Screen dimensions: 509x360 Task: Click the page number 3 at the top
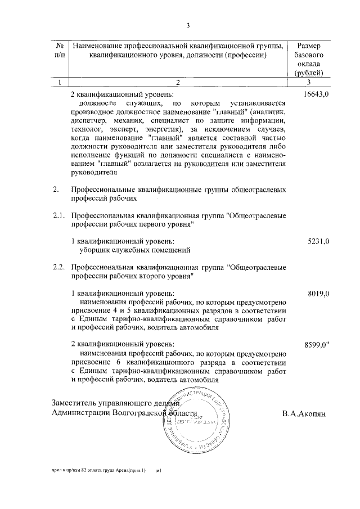coord(188,25)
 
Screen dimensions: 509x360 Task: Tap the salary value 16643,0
coord(316,95)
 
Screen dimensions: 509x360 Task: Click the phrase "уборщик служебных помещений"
coord(134,250)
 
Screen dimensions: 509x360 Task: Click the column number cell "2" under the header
coord(177,82)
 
